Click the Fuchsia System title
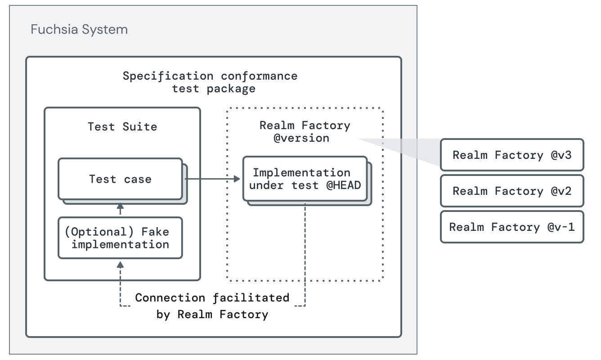point(79,30)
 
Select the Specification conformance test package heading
point(211,82)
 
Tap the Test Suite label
point(122,126)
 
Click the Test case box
point(120,179)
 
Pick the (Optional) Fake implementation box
point(120,238)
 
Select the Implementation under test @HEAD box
point(305,179)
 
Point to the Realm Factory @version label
point(305,131)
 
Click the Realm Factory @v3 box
point(512,155)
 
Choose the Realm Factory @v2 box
point(512,191)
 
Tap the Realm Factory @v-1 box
point(512,227)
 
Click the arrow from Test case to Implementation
point(211,179)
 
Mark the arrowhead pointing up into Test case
point(120,207)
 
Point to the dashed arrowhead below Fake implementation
point(120,264)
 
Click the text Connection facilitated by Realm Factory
point(212,306)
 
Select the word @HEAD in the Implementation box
point(344,185)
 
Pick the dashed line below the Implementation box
point(305,252)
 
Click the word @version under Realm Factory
point(301,138)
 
